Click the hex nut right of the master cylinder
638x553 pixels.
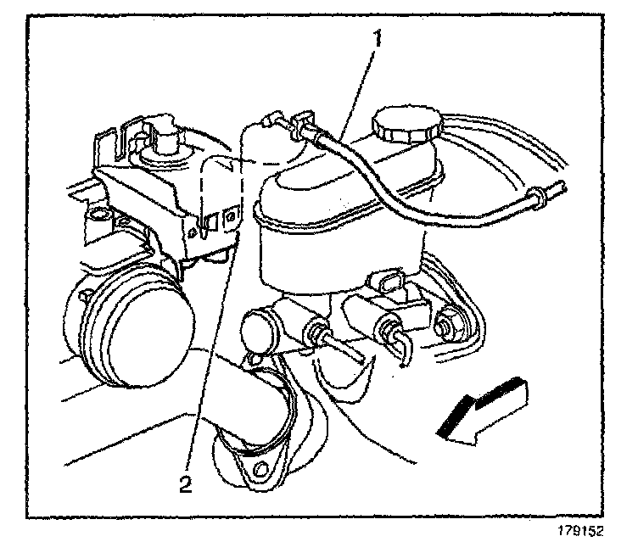448,325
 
